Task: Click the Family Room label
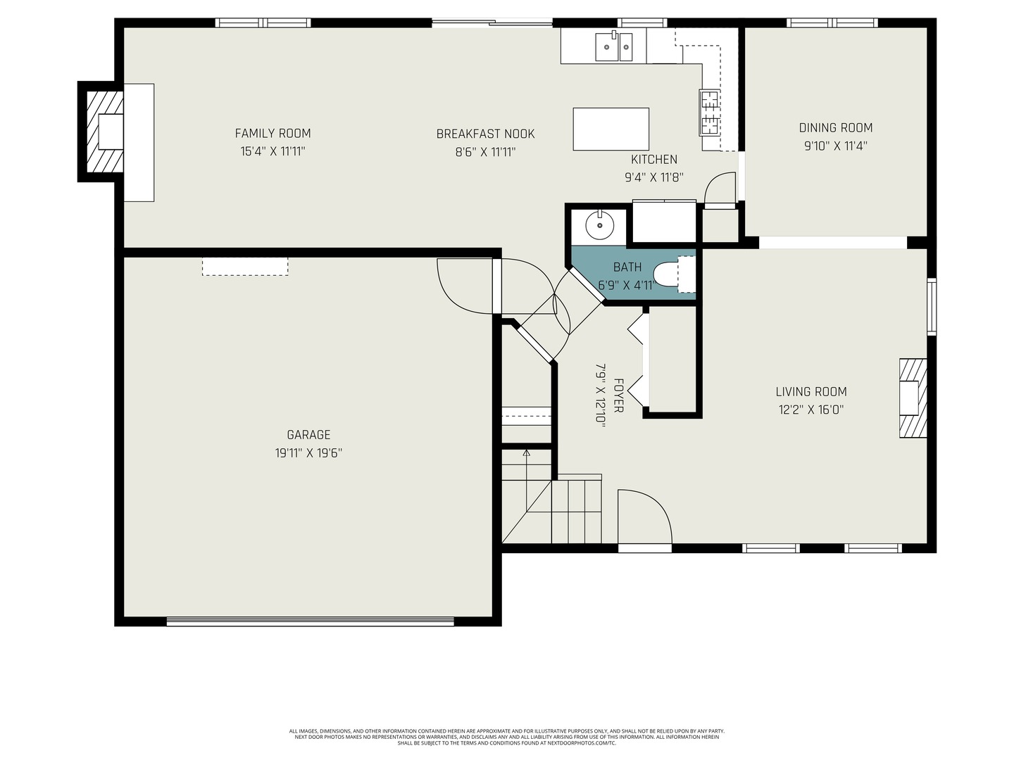273,134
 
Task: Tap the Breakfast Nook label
485,134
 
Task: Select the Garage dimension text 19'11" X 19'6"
308,453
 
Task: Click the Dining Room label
835,128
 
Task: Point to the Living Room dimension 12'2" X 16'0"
810,410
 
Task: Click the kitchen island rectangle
611,129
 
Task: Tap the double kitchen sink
614,46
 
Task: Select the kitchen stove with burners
709,113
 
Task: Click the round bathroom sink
599,226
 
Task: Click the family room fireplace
106,132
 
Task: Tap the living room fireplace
912,398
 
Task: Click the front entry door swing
642,517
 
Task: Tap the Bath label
627,267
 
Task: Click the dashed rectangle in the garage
245,266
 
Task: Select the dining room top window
832,23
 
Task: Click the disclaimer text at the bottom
506,737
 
